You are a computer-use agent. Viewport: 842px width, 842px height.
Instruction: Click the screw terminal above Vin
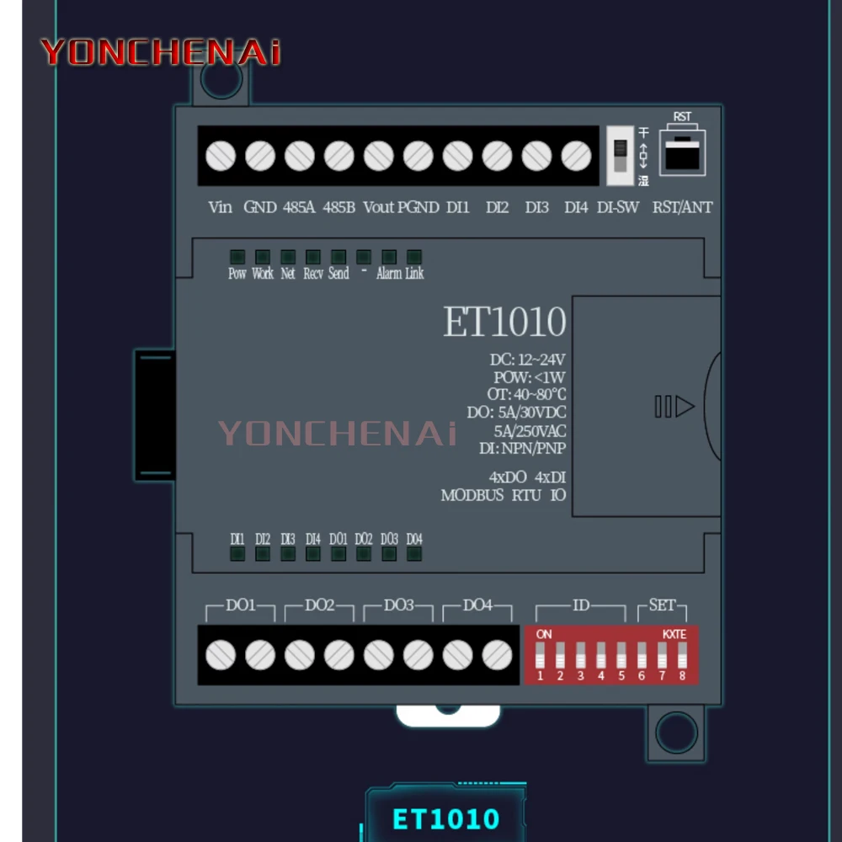pyautogui.click(x=221, y=156)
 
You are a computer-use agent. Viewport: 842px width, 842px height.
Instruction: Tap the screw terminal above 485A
pyautogui.click(x=300, y=156)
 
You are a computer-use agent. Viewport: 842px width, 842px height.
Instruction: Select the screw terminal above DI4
pyautogui.click(x=576, y=156)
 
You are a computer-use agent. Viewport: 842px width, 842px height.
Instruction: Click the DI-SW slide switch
pyautogui.click(x=620, y=156)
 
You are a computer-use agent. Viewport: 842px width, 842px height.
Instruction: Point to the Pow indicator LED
pyautogui.click(x=237, y=257)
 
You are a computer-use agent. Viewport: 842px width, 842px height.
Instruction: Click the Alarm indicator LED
pyautogui.click(x=389, y=257)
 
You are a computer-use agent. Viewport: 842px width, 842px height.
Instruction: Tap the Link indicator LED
pyautogui.click(x=414, y=257)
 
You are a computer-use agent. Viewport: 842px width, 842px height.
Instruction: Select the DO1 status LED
pyautogui.click(x=338, y=553)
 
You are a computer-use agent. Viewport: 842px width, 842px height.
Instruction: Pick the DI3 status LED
pyautogui.click(x=288, y=553)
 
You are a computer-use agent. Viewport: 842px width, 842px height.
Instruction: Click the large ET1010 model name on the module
pyautogui.click(x=504, y=322)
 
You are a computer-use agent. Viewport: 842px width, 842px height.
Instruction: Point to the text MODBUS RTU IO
pyautogui.click(x=504, y=495)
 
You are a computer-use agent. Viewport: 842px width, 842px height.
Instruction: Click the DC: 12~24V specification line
pyautogui.click(x=528, y=360)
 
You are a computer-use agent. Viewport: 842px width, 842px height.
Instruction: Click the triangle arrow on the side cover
pyautogui.click(x=685, y=408)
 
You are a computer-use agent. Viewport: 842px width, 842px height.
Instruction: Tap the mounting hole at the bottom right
pyautogui.click(x=676, y=732)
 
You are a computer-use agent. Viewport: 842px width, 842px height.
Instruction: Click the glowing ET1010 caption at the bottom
pyautogui.click(x=446, y=818)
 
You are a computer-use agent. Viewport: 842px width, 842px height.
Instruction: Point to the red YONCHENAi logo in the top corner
pyautogui.click(x=160, y=52)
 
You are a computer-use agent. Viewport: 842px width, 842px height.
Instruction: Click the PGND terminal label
pyautogui.click(x=418, y=207)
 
